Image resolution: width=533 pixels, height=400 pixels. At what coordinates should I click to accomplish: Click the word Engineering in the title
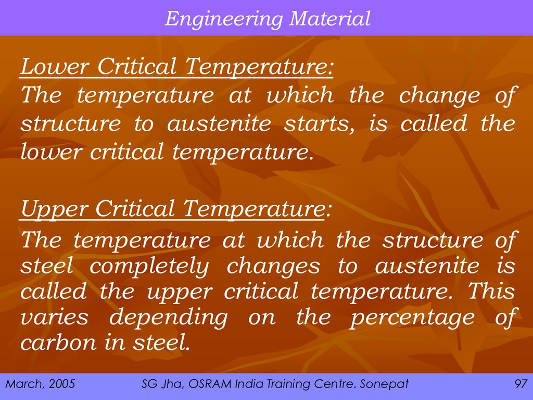click(224, 19)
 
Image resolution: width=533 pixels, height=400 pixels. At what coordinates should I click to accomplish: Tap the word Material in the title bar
click(329, 18)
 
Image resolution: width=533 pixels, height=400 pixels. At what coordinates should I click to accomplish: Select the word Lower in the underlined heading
click(55, 66)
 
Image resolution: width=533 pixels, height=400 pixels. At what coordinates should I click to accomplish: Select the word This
click(491, 291)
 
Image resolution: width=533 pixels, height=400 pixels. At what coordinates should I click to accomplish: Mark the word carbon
click(58, 342)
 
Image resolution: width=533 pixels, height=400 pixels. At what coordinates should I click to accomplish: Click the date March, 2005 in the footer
click(40, 384)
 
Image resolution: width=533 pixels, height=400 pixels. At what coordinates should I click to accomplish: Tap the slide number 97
click(521, 384)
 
